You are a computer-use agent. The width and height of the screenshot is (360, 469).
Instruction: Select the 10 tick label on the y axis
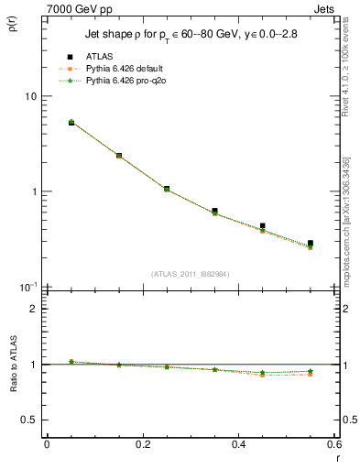pos(31,96)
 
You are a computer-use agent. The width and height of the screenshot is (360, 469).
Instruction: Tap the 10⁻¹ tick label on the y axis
pos(27,287)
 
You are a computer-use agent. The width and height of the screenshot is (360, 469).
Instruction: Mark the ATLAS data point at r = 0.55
pos(311,244)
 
